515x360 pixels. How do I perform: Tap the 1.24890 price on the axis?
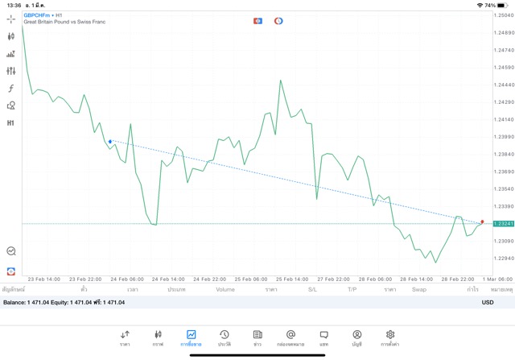505,32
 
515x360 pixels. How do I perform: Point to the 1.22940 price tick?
505,258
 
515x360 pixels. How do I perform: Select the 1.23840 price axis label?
505,154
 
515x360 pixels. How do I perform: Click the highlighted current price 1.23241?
505,223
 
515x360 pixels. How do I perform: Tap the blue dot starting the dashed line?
110,141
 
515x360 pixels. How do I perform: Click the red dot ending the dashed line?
482,221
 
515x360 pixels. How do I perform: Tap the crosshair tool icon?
11,19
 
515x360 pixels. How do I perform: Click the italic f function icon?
11,89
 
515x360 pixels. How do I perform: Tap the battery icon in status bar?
504,5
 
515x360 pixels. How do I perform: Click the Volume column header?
225,289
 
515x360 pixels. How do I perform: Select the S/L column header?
313,289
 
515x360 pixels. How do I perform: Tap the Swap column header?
419,289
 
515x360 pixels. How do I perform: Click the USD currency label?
487,302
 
